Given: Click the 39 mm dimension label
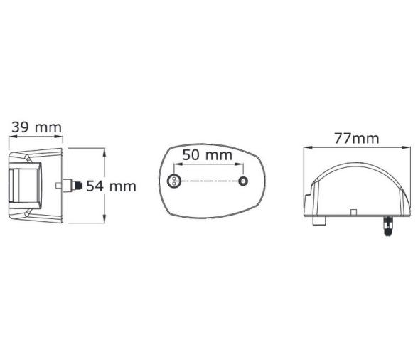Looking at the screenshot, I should point(36,127).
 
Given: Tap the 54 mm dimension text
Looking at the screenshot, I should point(111,186).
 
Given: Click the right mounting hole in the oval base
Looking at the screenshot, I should point(243,182).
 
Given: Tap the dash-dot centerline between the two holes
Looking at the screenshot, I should point(208,182).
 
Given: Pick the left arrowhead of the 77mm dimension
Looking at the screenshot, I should point(306,148).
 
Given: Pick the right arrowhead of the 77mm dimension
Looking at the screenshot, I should point(409,148).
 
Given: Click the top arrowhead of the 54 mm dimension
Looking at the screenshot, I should point(104,152).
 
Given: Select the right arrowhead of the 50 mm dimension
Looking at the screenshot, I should point(241,166).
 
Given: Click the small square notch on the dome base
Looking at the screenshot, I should point(353,211).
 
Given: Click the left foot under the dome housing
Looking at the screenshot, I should point(316,221).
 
